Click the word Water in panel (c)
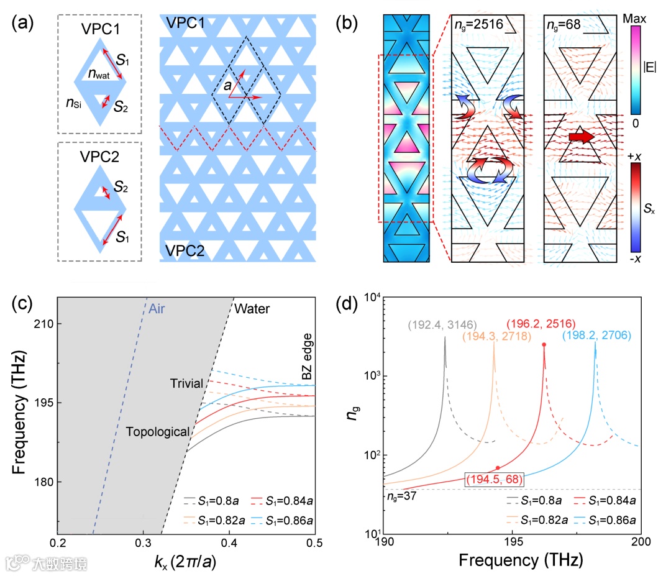(x=252, y=308)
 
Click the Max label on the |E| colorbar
(x=637, y=20)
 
